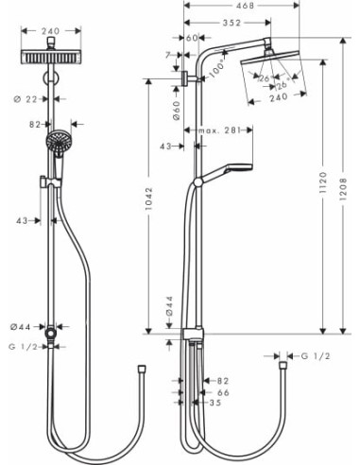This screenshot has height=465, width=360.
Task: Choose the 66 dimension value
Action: coord(223,392)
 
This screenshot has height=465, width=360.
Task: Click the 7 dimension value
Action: coord(171,55)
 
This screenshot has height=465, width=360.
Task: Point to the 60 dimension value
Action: coord(192,38)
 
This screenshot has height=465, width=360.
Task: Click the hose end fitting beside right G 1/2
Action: coord(280,357)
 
